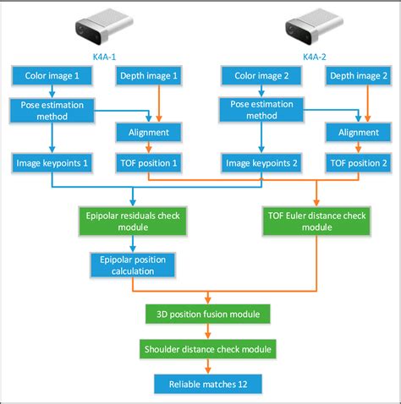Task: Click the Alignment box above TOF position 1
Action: [x=149, y=132]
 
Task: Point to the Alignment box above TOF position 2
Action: [x=358, y=132]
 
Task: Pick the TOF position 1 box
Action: [x=149, y=161]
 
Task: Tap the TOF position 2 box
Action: [x=358, y=161]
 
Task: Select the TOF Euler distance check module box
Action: [x=316, y=221]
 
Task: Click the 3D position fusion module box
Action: [x=208, y=314]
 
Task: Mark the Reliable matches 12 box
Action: [x=208, y=383]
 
